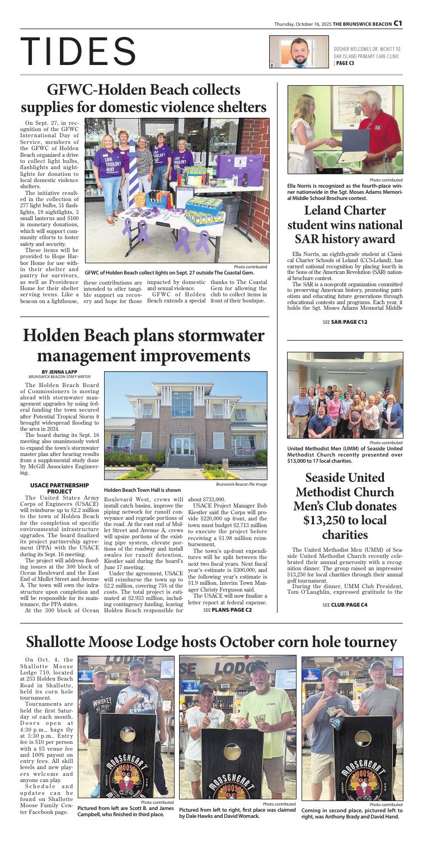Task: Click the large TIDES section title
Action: coord(78,51)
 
